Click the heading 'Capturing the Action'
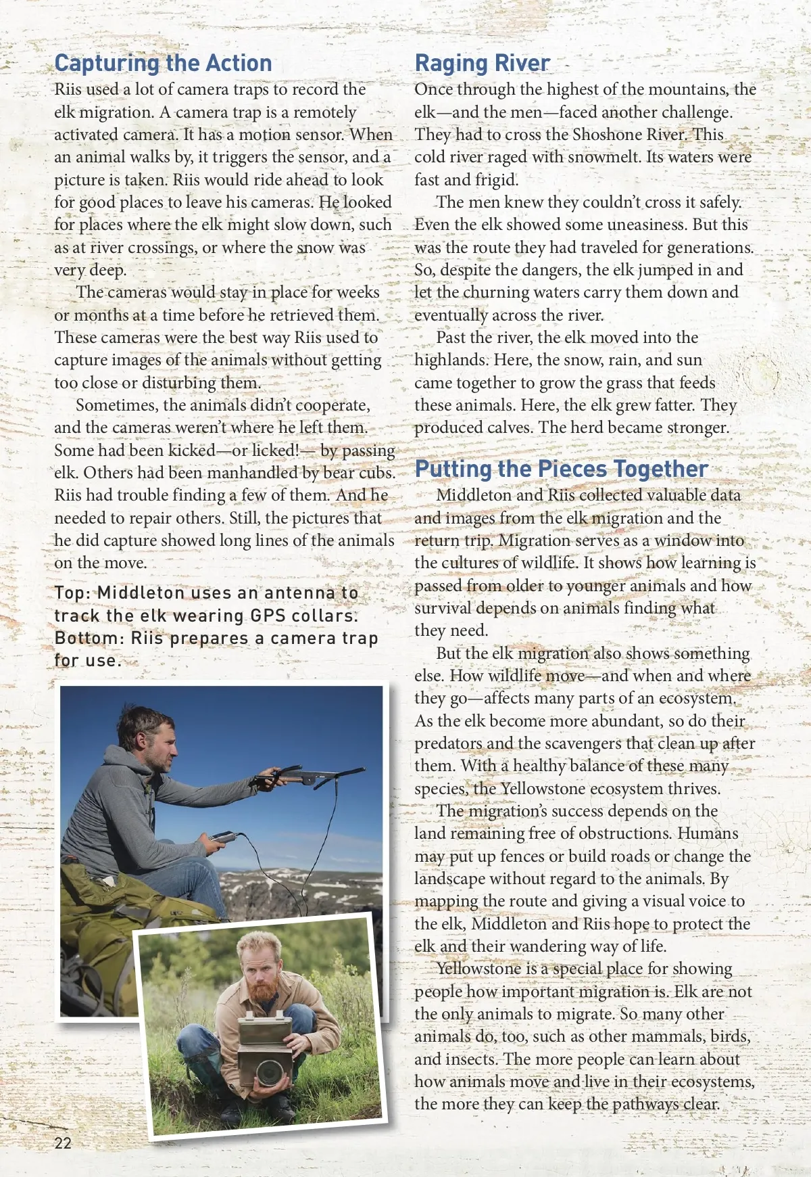tap(163, 63)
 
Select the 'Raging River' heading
tap(482, 63)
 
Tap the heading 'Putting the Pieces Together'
tap(561, 469)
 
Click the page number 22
tap(63, 1143)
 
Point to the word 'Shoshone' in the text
tap(606, 135)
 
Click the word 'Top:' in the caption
tap(72, 593)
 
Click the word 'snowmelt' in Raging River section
tap(594, 157)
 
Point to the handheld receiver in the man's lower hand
tap(220, 839)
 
